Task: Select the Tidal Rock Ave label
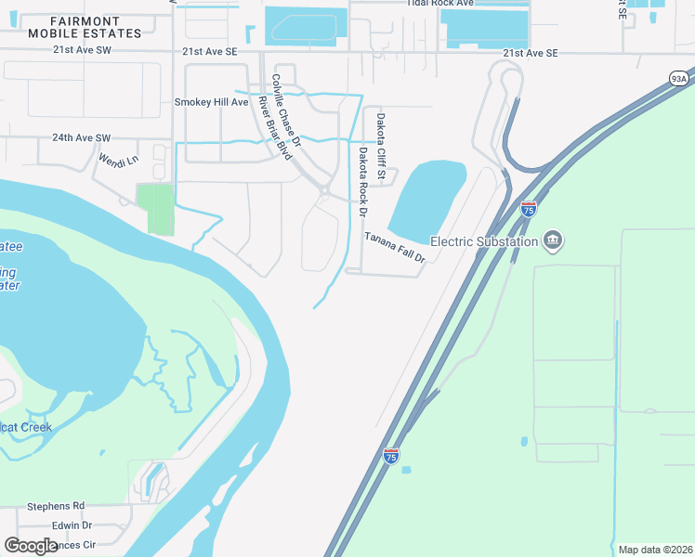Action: [439, 4]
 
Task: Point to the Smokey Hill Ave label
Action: [212, 101]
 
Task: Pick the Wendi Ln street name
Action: [118, 160]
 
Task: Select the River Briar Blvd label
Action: [275, 127]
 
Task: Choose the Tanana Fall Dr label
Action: [394, 247]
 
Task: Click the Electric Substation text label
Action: [484, 241]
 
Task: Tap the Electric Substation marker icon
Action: [554, 241]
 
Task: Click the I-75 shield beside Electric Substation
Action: [528, 209]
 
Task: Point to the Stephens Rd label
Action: [56, 506]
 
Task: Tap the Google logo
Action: [31, 546]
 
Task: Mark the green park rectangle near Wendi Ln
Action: [154, 209]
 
